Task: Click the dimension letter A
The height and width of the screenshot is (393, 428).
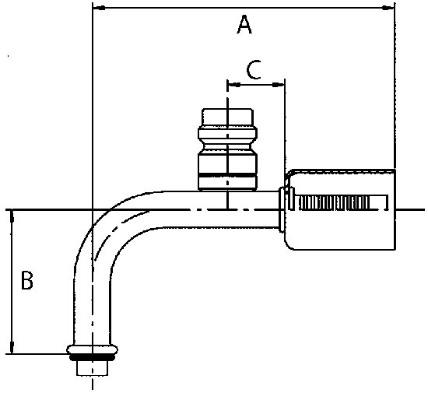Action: [244, 25]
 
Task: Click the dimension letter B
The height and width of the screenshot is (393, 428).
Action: [27, 280]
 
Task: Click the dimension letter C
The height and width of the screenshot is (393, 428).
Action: [254, 70]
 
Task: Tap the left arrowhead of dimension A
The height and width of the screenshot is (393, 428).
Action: [99, 9]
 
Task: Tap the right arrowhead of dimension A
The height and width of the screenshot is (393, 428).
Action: [388, 8]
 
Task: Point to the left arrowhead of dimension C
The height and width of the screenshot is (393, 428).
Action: [234, 85]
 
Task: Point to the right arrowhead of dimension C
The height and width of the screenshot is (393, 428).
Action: [278, 85]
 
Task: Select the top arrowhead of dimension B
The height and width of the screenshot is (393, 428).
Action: [12, 216]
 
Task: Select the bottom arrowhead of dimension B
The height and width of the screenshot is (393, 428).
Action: [12, 346]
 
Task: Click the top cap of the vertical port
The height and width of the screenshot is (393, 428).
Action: [227, 118]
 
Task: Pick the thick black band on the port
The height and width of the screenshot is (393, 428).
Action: [227, 174]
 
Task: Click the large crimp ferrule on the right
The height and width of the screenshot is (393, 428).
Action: [340, 209]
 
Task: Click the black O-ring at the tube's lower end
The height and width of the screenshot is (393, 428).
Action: [93, 357]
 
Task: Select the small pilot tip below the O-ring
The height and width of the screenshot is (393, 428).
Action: [93, 368]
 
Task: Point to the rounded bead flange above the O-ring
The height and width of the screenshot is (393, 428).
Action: [93, 349]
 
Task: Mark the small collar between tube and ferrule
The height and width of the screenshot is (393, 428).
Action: [282, 209]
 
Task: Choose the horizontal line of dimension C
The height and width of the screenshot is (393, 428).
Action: [256, 85]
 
